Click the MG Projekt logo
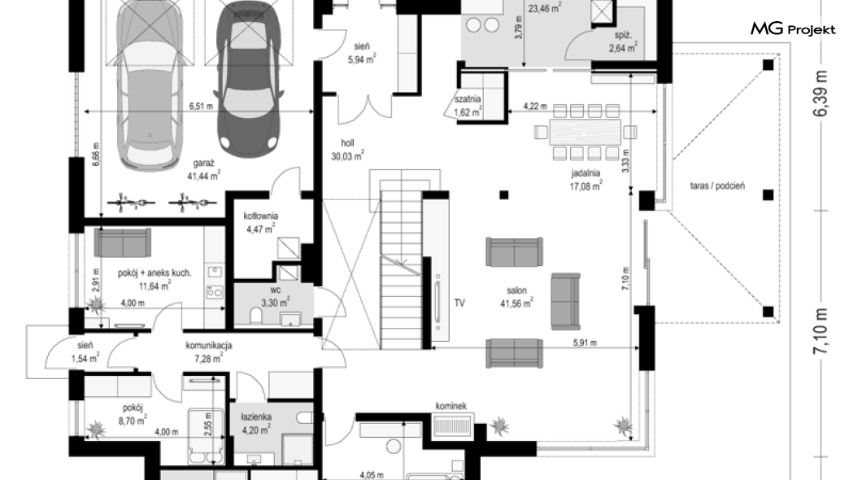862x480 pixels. pyautogui.click(x=793, y=29)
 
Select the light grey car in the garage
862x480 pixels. pyautogui.click(x=150, y=82)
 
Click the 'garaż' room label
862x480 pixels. pyautogui.click(x=203, y=164)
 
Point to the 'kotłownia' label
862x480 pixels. pyautogui.click(x=260, y=216)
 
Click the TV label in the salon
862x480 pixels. pyautogui.click(x=459, y=303)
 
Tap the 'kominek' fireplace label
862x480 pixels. pyautogui.click(x=451, y=406)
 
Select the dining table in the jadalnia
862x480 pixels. pyautogui.click(x=586, y=132)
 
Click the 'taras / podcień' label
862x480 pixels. pyautogui.click(x=717, y=185)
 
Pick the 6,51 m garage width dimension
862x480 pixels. pyautogui.click(x=201, y=106)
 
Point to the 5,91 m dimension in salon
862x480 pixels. pyautogui.click(x=585, y=343)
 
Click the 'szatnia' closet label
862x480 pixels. pyautogui.click(x=468, y=99)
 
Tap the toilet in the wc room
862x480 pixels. pyautogui.click(x=256, y=316)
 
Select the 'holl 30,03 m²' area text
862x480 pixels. pyautogui.click(x=347, y=150)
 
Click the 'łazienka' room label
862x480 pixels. pyautogui.click(x=255, y=417)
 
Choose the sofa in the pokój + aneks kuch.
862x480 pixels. pyautogui.click(x=122, y=243)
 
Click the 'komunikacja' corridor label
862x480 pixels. pyautogui.click(x=209, y=345)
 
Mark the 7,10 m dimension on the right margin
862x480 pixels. pyautogui.click(x=821, y=331)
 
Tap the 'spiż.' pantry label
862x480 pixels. pyautogui.click(x=623, y=35)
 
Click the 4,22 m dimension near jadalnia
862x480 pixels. pyautogui.click(x=535, y=106)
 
